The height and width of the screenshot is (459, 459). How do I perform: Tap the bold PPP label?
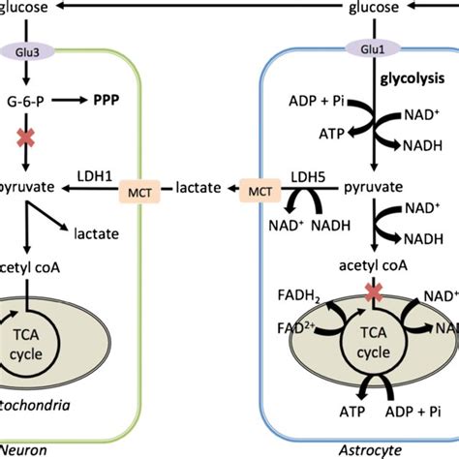[x=107, y=100]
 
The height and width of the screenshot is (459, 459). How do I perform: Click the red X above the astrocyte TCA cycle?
[x=373, y=290]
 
